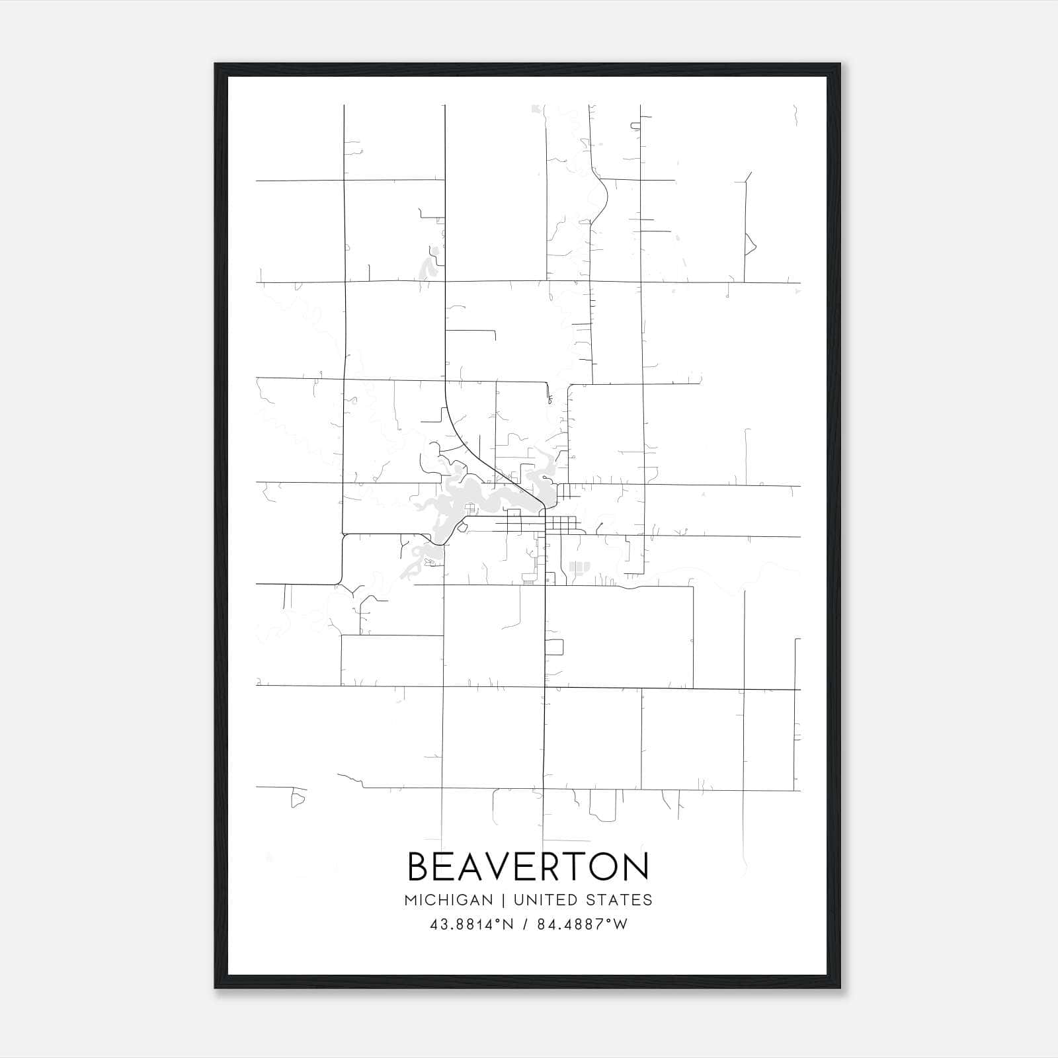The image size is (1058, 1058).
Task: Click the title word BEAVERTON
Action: [528, 867]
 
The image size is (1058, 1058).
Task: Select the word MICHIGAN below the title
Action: [448, 900]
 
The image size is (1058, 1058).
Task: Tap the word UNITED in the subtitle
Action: [542, 900]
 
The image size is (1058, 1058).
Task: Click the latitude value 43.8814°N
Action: [471, 924]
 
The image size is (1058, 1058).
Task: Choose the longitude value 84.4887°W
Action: [582, 924]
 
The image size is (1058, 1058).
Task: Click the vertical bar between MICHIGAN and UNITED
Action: [503, 900]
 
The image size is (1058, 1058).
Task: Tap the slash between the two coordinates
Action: [525, 924]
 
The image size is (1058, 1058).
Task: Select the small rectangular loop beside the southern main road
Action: [554, 647]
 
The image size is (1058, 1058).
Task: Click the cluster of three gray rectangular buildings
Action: [579, 567]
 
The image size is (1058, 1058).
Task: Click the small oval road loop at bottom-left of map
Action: [298, 799]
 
